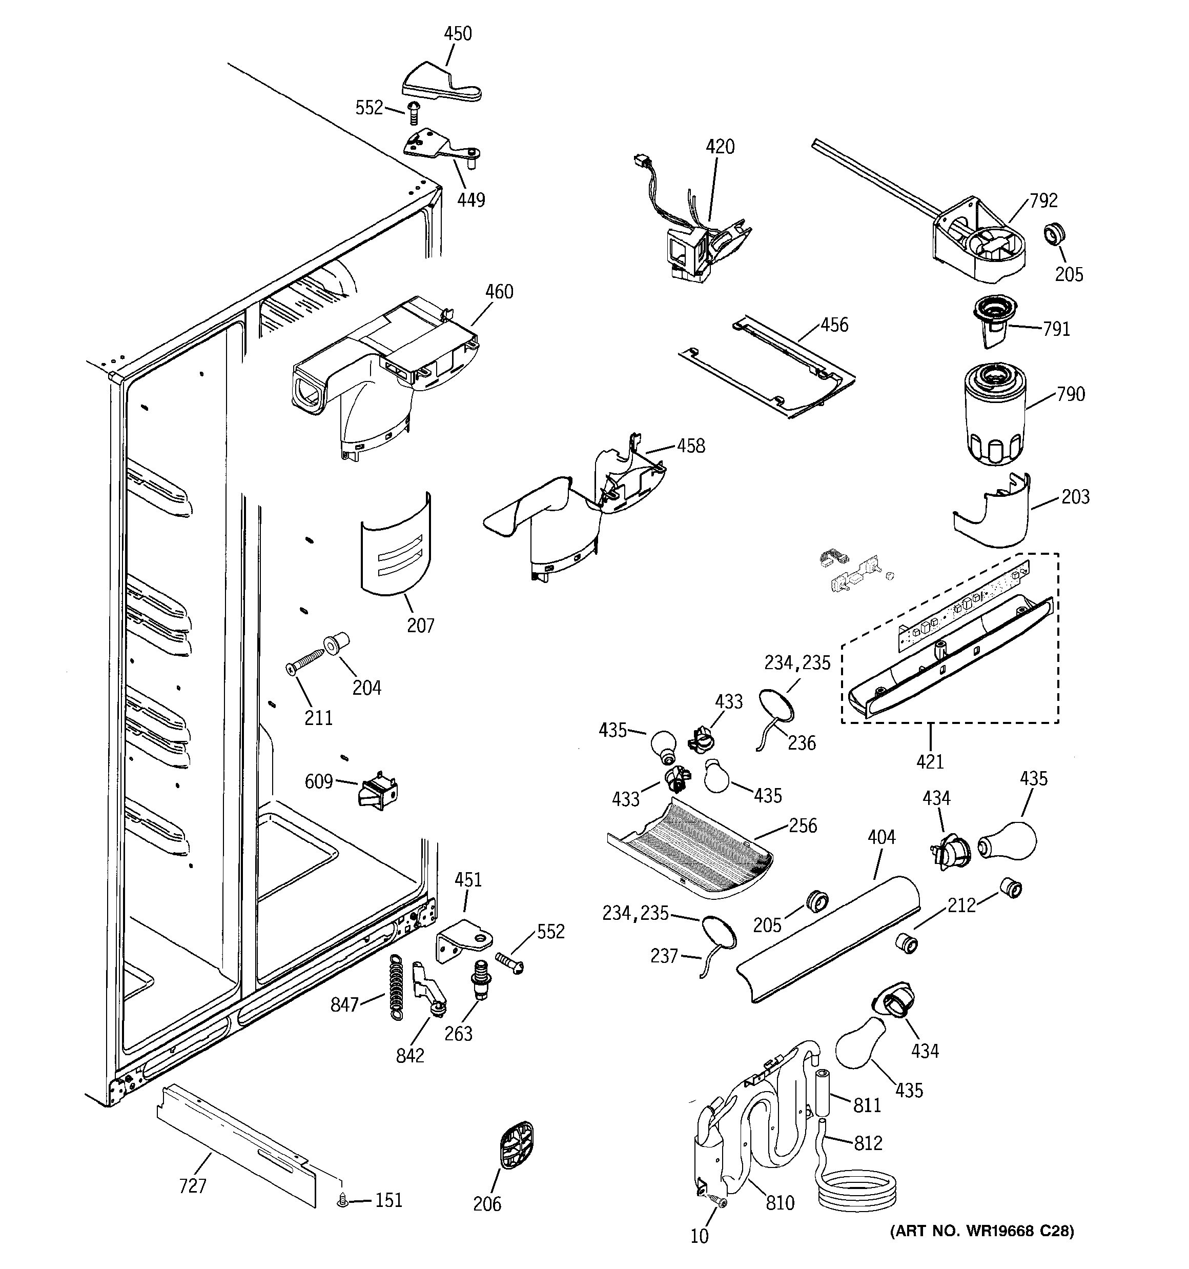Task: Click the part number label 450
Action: tap(458, 34)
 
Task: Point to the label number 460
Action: tap(499, 292)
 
